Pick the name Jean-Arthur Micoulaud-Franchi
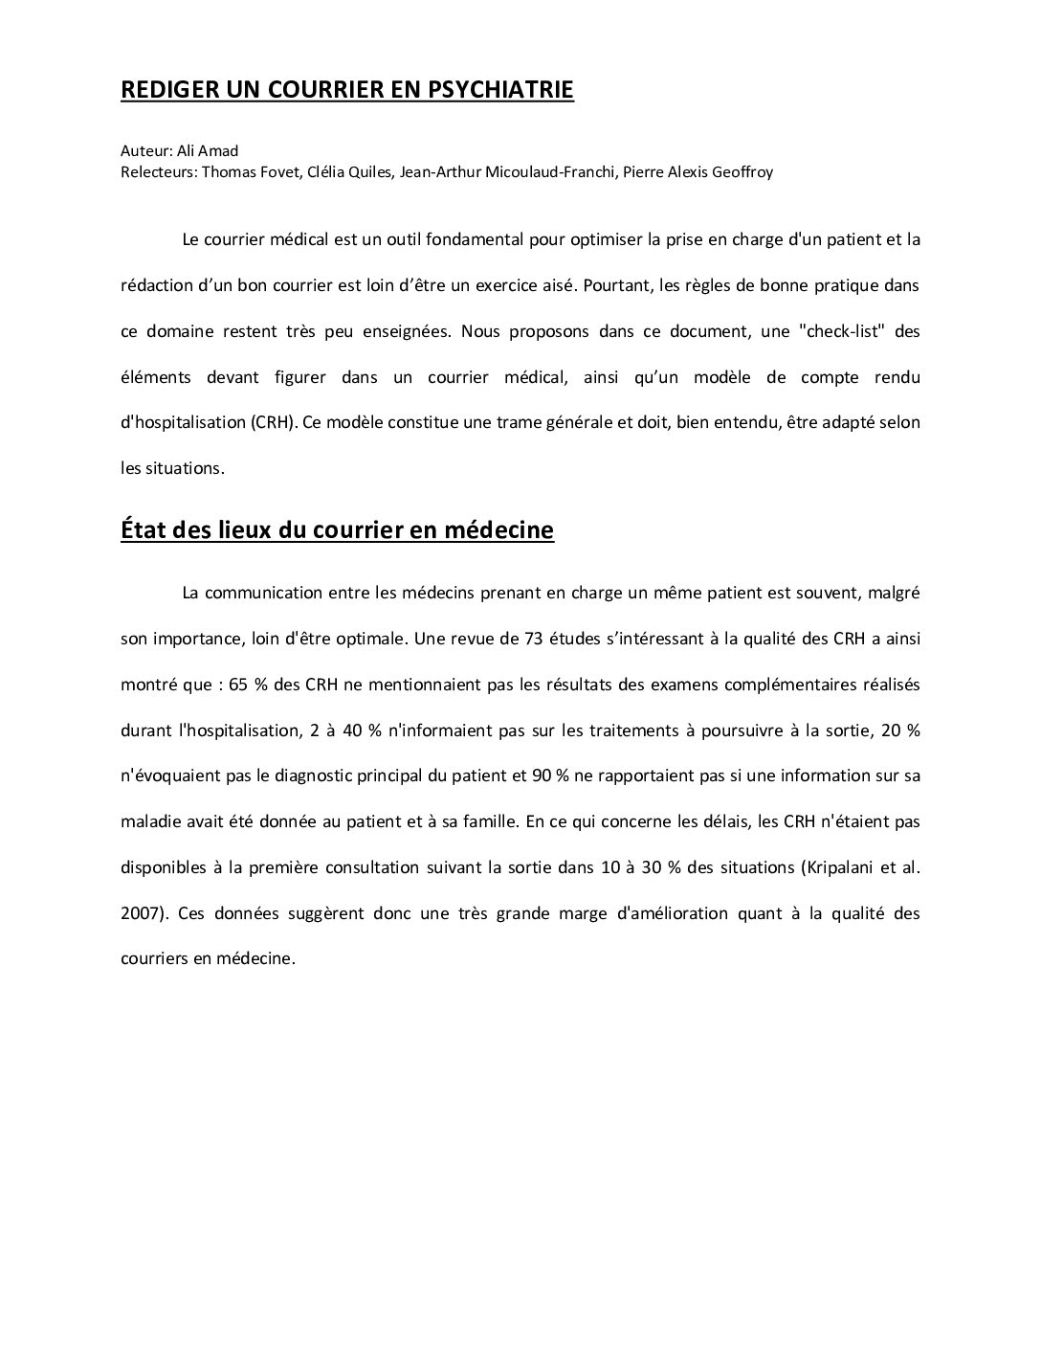click(506, 172)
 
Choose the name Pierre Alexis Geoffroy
click(698, 172)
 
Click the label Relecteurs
click(157, 172)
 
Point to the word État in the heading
click(146, 529)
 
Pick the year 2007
click(142, 913)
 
